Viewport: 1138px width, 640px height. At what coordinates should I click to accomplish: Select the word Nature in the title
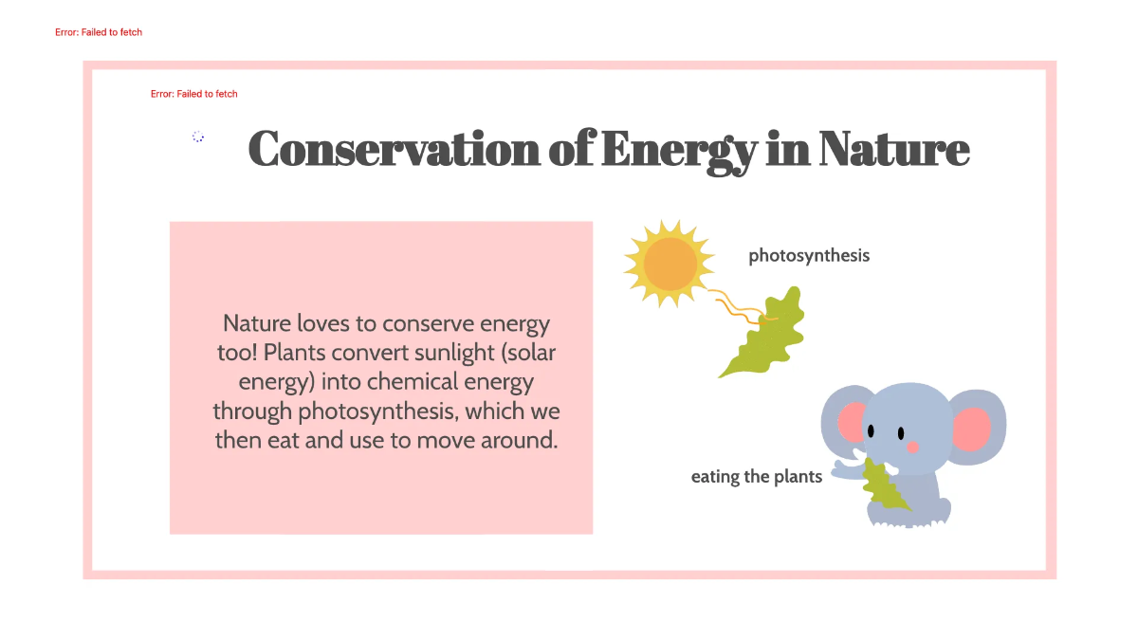(x=894, y=149)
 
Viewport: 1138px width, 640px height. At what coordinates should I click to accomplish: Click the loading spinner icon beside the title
(x=198, y=137)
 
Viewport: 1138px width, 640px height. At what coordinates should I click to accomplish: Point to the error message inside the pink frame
(x=193, y=94)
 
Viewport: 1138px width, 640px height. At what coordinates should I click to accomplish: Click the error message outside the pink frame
(x=99, y=32)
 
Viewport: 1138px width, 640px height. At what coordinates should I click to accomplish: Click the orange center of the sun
(x=670, y=264)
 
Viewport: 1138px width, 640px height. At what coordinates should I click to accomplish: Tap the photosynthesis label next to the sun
(x=809, y=255)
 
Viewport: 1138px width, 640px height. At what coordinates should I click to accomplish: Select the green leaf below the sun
(x=766, y=338)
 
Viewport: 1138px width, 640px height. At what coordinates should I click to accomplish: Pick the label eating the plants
(x=756, y=476)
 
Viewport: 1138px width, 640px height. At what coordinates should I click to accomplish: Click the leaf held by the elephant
(x=882, y=485)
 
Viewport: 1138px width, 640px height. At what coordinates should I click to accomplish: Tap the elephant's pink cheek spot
(x=912, y=447)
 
